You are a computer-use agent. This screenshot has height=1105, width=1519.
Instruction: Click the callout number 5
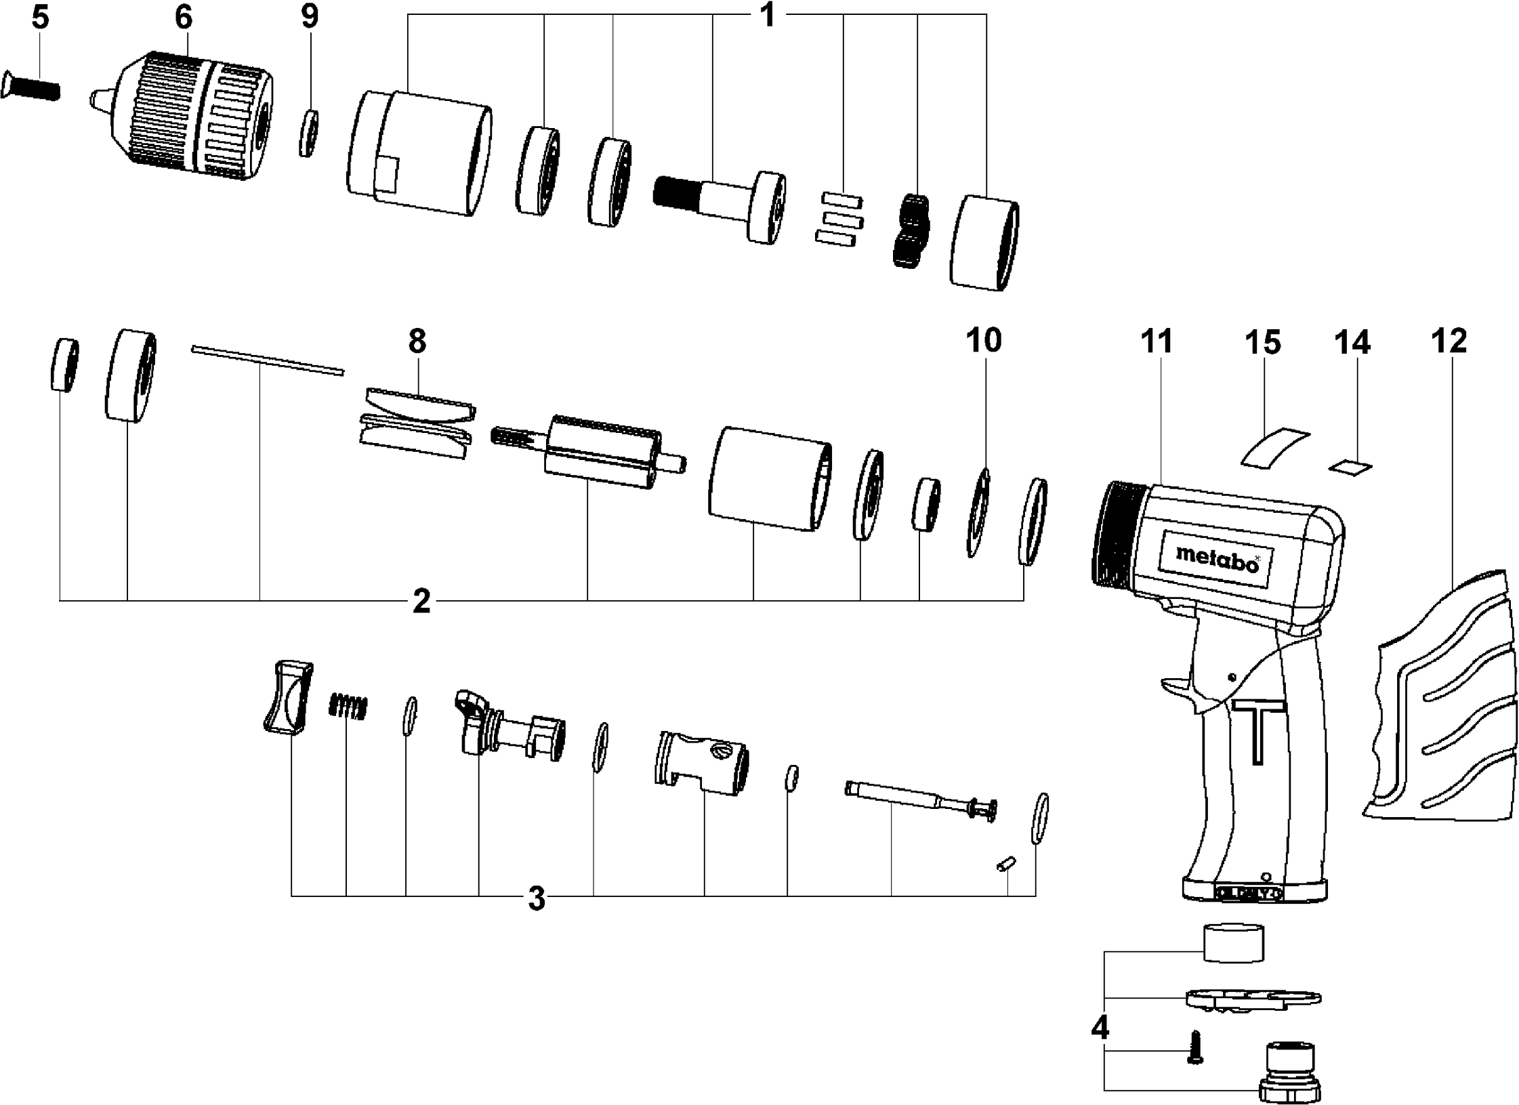coord(40,18)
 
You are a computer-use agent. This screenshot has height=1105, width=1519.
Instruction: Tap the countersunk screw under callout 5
coord(31,85)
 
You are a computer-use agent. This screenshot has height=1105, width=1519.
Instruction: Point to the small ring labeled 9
coord(309,133)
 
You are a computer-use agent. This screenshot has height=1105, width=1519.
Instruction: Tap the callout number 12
coord(1449,341)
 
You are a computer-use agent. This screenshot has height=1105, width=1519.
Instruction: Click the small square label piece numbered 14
coord(1350,466)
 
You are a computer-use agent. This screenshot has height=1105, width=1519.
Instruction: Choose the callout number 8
coord(417,341)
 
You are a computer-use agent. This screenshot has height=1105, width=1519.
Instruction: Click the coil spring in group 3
coord(348,707)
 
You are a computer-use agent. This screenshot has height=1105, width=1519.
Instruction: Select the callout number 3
coord(536,898)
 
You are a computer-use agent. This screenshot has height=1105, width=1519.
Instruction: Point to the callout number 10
coord(983,341)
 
